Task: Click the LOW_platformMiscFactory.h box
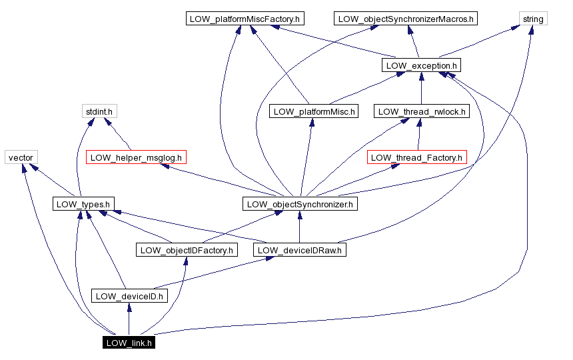point(245,19)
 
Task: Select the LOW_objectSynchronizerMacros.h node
point(406,19)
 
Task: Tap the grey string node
point(533,19)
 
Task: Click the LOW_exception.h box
point(421,65)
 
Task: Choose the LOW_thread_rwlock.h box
point(421,111)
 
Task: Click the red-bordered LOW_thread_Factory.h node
point(416,157)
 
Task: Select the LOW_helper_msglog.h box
point(135,157)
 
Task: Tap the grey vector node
point(21,157)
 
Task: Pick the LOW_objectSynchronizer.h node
point(299,203)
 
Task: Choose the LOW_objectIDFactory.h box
point(187,250)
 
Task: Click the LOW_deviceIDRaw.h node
point(299,250)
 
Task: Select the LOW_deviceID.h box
point(129,296)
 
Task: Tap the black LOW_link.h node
point(129,343)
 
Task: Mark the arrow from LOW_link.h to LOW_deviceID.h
point(129,320)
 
